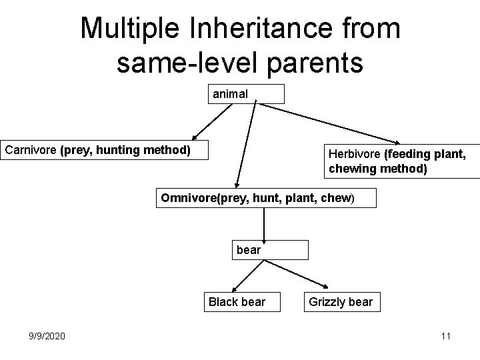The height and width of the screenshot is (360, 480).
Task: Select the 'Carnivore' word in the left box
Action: coord(31,150)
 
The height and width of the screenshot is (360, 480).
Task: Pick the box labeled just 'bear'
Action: coord(270,250)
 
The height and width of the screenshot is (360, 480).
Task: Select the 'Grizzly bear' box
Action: coord(340,302)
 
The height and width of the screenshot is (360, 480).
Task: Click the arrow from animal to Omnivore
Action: coord(245,143)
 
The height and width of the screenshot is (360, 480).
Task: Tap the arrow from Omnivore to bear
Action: coord(265,223)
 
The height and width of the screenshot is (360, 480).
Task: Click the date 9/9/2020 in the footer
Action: coord(47,336)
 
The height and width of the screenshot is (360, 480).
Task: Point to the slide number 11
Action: coord(445,336)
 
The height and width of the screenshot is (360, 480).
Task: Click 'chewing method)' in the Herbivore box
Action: coord(377,169)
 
